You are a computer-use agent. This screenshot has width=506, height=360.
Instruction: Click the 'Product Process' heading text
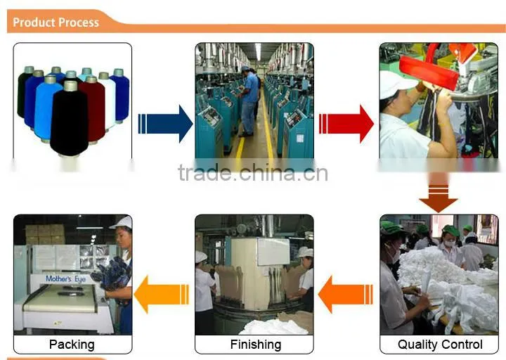[x=56, y=22]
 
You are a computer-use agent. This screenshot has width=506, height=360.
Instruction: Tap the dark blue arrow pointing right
[x=166, y=124]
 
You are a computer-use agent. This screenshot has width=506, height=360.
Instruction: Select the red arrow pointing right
[x=346, y=124]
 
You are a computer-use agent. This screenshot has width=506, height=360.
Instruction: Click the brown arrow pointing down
[x=439, y=193]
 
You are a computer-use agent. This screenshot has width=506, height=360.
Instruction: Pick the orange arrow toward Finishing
[x=345, y=295]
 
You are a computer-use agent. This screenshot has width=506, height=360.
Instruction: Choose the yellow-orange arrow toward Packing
[x=162, y=294]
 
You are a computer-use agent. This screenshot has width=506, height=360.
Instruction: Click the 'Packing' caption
[x=72, y=345]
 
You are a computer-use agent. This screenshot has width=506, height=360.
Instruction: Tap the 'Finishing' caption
[x=256, y=345]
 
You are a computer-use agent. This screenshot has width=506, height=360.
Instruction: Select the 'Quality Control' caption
[x=440, y=345]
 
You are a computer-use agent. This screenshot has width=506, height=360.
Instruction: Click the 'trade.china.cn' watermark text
[x=253, y=173]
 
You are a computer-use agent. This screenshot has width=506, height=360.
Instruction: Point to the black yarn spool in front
[x=69, y=119]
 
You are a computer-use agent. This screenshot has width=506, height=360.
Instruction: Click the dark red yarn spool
[x=93, y=109]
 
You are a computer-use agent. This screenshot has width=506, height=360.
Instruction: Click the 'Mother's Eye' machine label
[x=66, y=279]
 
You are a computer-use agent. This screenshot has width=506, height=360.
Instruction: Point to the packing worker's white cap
[x=122, y=223]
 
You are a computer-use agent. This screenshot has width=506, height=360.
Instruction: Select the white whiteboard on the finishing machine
[x=273, y=252]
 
